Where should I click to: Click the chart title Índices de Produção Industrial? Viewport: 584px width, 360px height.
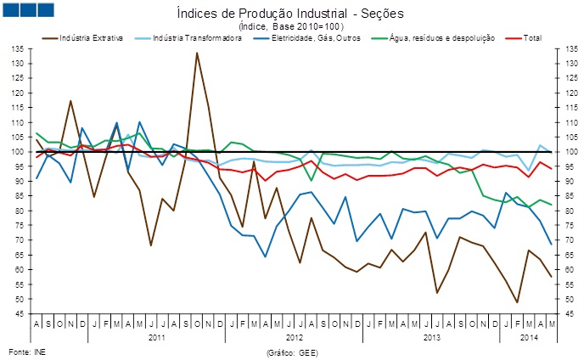coord(291,13)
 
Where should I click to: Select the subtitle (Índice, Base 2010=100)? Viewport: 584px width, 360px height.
coord(291,26)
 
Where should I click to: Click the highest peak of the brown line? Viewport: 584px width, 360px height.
coord(197,53)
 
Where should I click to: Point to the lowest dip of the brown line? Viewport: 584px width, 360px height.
coord(517,302)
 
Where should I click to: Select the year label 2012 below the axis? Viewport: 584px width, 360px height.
coord(294,337)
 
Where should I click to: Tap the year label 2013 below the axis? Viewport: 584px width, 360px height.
coord(431,337)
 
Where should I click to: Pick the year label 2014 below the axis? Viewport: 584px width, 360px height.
coord(528,337)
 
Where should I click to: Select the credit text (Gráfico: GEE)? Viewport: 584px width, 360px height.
coord(291,350)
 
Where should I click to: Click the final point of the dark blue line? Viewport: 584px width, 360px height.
coord(552,245)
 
